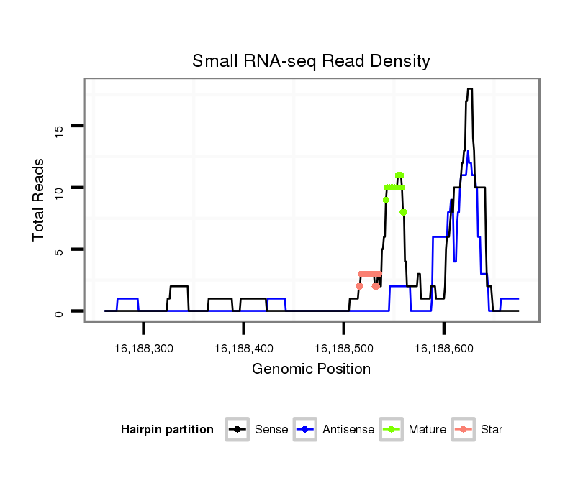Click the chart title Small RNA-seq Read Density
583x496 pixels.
coord(311,61)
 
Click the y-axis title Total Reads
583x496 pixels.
coord(39,200)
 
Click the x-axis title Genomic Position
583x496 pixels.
coord(311,369)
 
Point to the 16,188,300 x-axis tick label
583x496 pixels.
coord(144,349)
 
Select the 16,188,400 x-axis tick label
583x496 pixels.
coord(244,349)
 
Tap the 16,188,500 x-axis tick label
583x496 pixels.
coord(344,349)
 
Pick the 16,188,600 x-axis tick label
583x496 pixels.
coord(444,349)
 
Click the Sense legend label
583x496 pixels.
coord(271,430)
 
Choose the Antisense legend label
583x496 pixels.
coord(348,430)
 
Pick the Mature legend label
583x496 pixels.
coord(428,430)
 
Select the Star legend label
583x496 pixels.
coord(492,430)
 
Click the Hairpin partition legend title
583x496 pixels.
coord(167,430)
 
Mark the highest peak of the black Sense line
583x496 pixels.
coord(469,89)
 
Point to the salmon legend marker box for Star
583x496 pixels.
coord(465,430)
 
